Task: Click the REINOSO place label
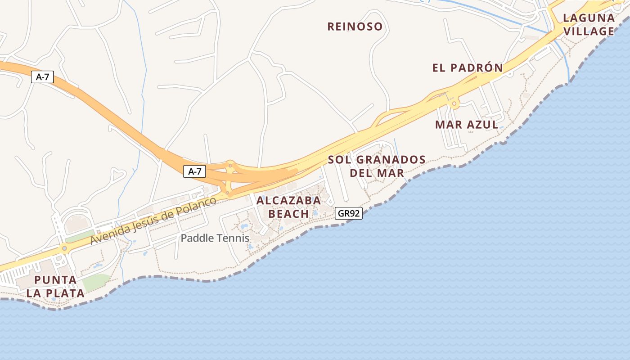tap(355, 27)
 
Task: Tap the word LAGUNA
tap(589, 18)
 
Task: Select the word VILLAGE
tap(589, 31)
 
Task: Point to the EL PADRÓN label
tap(468, 68)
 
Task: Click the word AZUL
tap(482, 125)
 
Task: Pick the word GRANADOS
tap(391, 160)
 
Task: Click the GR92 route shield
tap(349, 213)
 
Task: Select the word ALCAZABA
tap(288, 201)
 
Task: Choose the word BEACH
tap(288, 214)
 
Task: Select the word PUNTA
tap(55, 280)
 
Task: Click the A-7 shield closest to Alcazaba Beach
tap(194, 171)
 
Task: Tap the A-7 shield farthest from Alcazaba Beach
tap(42, 77)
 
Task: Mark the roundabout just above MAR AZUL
tap(454, 104)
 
